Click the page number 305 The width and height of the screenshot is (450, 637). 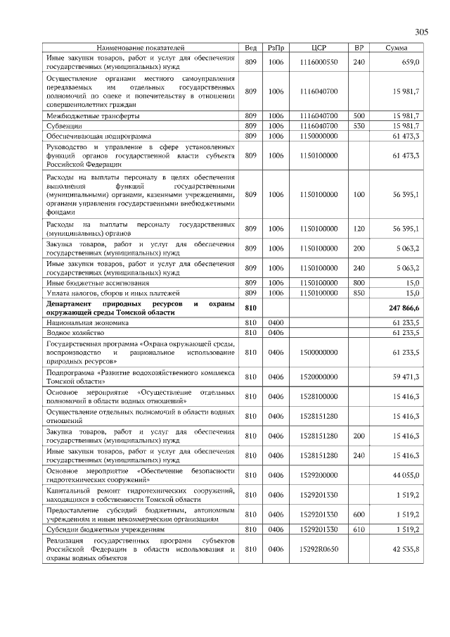click(421, 32)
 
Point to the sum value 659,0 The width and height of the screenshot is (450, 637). click(410, 62)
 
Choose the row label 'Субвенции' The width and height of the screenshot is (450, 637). click(63, 125)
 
